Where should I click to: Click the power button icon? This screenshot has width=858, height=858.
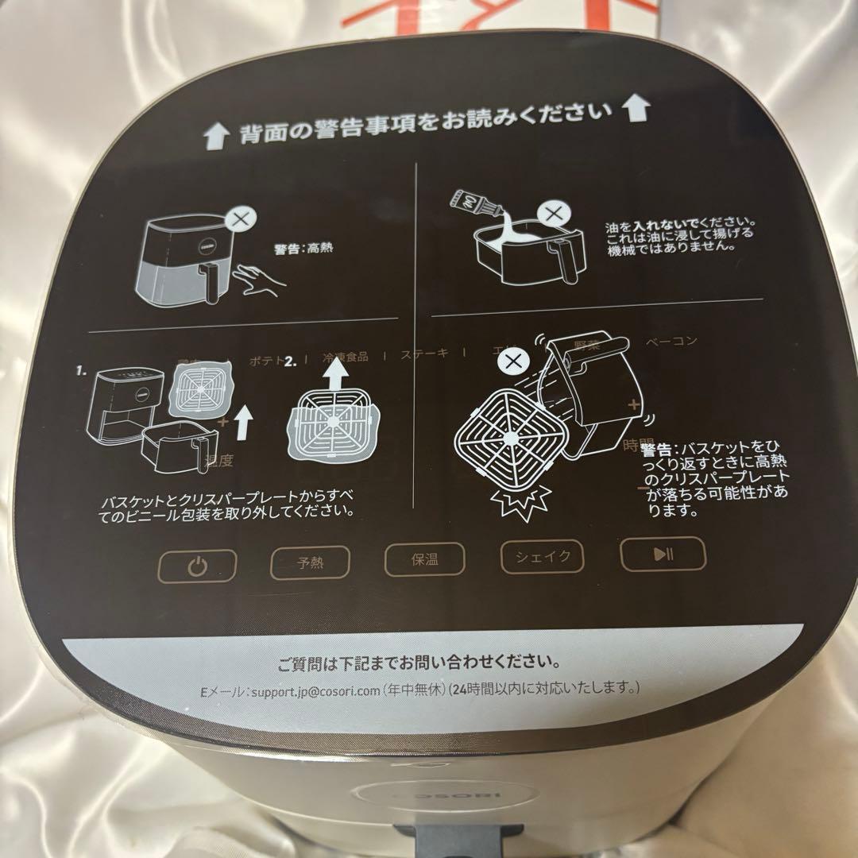click(x=198, y=567)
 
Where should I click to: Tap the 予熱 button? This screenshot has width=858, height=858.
click(x=311, y=563)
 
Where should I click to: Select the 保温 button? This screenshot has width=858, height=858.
click(x=423, y=558)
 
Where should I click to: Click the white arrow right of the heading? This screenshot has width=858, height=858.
click(x=636, y=109)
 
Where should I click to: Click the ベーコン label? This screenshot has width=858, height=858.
click(x=671, y=342)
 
